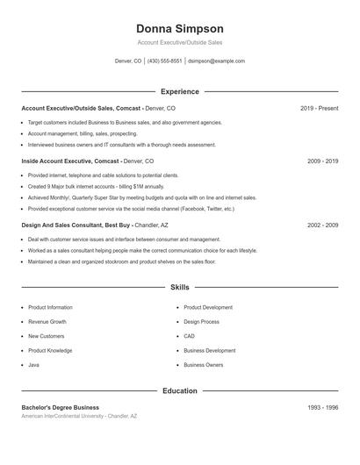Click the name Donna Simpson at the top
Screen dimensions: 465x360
[180, 29]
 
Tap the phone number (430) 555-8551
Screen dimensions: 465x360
[165, 61]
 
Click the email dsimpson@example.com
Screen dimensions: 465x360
[217, 61]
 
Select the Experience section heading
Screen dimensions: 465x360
[180, 91]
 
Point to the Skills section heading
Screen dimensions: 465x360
[180, 287]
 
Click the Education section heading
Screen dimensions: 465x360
[180, 390]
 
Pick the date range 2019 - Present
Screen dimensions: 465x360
[319, 108]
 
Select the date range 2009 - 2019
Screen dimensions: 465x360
[323, 161]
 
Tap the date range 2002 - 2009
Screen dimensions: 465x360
[323, 225]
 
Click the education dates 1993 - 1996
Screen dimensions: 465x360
[323, 407]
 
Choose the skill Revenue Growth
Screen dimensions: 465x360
[47, 322]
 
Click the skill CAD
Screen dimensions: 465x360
[189, 336]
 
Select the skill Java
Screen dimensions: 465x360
[33, 364]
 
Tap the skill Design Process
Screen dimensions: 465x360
[202, 322]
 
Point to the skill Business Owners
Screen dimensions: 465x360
[204, 364]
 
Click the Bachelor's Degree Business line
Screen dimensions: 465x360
[60, 407]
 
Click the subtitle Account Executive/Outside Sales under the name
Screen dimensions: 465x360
[180, 43]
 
